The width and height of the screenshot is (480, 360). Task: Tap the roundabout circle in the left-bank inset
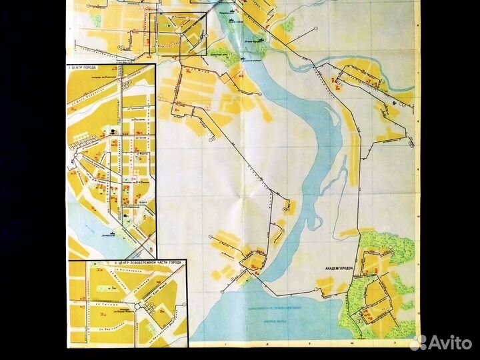pos(137,307)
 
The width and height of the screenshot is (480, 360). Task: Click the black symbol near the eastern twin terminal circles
pos(395,104)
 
